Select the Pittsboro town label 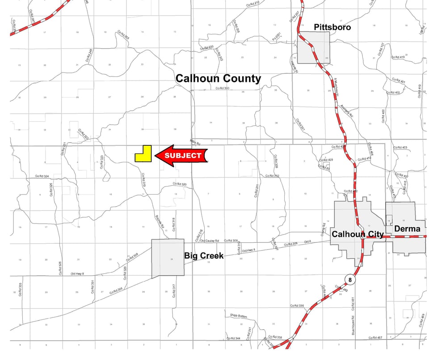[x=332, y=27]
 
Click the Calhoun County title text [x=218, y=79]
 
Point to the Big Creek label [x=204, y=256]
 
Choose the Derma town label [x=407, y=229]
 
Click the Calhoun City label [x=357, y=234]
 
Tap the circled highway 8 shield [x=349, y=280]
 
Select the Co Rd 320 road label [x=180, y=184]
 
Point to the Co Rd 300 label [x=222, y=89]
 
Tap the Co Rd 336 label [x=297, y=306]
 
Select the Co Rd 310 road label [x=272, y=176]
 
